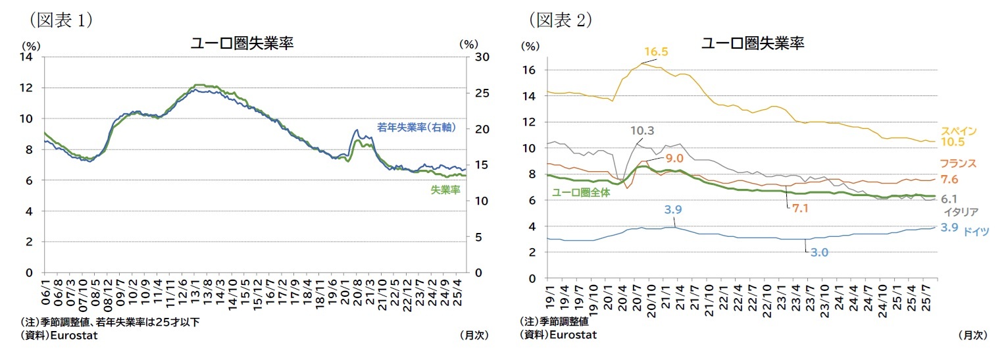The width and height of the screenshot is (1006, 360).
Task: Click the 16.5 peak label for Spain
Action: (x=656, y=52)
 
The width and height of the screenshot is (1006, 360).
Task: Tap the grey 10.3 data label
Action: (x=643, y=130)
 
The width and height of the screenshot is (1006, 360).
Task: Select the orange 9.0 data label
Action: (x=674, y=158)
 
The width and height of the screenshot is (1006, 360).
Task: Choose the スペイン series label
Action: (x=958, y=131)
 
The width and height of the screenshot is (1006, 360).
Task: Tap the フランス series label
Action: (x=957, y=164)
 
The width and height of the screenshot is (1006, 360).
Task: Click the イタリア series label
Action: (x=961, y=212)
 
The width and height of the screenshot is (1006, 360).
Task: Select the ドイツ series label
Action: (x=975, y=231)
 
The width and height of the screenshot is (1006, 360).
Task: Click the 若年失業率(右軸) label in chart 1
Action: (x=416, y=128)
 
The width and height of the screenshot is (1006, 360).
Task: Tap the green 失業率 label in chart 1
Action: (x=445, y=190)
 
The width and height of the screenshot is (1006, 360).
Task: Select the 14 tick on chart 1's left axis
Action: (x=27, y=57)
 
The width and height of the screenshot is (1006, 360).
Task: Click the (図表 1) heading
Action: (x=60, y=20)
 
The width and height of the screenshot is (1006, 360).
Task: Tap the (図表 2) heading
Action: (x=560, y=20)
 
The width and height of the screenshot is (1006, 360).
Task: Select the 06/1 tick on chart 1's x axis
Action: (x=46, y=290)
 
